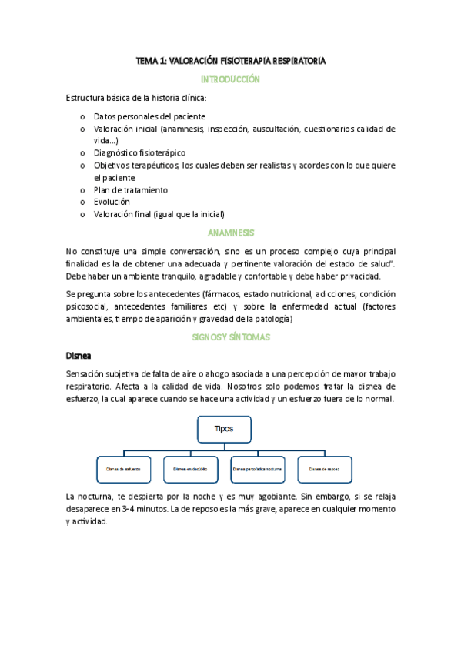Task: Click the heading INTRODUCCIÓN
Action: [230, 79]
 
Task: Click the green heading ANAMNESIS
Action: [230, 233]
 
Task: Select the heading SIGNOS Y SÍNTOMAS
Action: [230, 337]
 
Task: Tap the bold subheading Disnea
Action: [79, 356]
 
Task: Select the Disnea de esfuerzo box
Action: [118, 469]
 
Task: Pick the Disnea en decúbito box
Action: [185, 469]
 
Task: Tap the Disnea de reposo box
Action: [324, 469]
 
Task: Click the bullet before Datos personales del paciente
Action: [82, 116]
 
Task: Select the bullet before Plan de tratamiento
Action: [82, 189]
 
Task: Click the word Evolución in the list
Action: [112, 201]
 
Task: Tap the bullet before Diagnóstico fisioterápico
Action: [82, 153]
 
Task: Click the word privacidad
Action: [366, 276]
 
